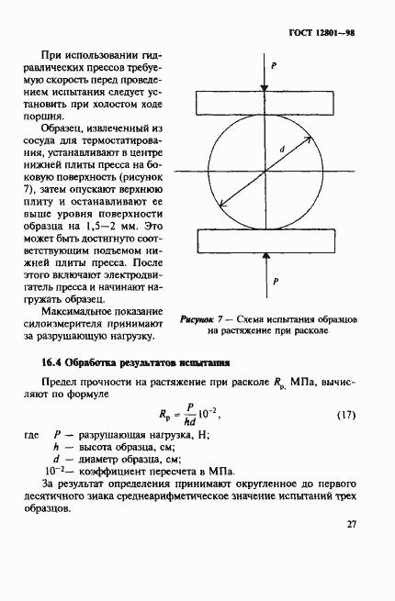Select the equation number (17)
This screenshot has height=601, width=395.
[x=344, y=415]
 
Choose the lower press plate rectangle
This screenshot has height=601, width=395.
[x=263, y=241]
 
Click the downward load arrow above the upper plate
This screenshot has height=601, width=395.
[x=264, y=75]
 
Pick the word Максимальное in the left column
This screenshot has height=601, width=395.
[x=95, y=313]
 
